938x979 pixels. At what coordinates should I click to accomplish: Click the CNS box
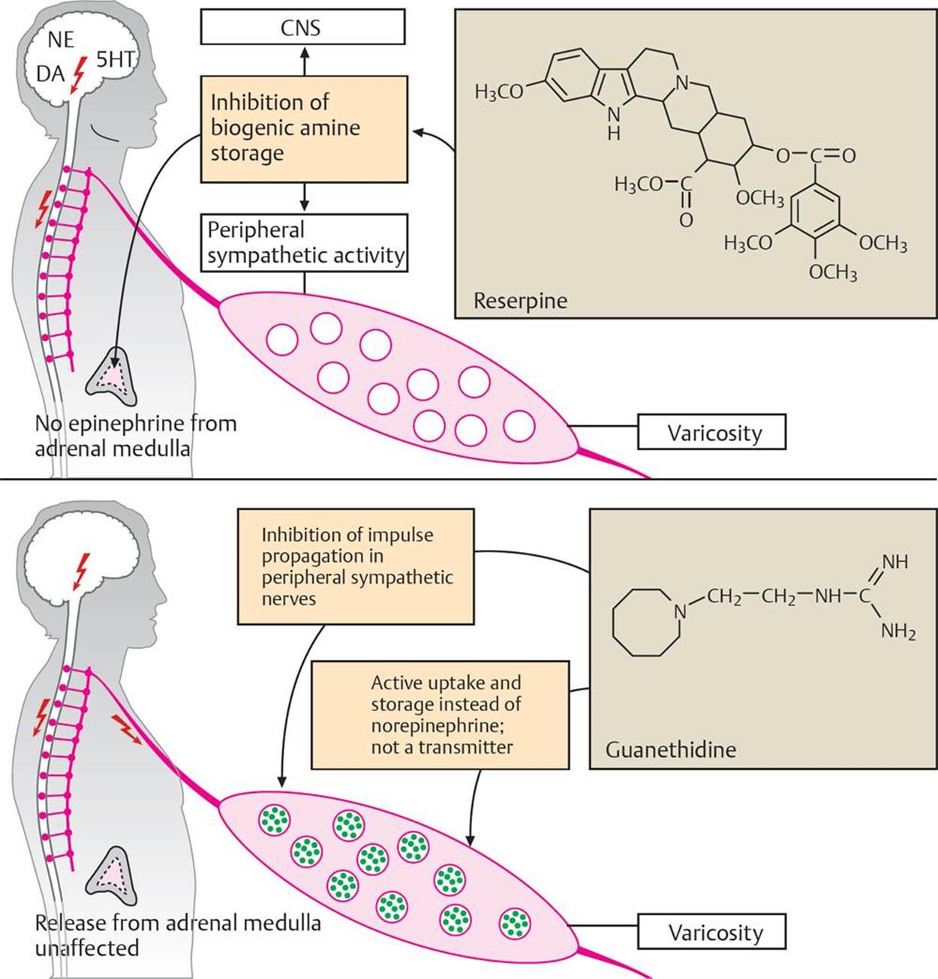tap(302, 28)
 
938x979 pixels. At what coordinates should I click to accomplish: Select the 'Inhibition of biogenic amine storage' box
tap(304, 128)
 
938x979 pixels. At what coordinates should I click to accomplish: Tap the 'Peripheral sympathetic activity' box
tap(305, 242)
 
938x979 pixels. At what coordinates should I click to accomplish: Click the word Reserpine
tap(520, 301)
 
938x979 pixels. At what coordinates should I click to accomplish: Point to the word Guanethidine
tap(670, 749)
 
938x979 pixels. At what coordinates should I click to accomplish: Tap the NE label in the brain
tap(61, 40)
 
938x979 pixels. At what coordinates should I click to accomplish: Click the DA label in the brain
tap(51, 74)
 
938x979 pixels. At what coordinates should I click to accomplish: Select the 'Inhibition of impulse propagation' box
tap(356, 566)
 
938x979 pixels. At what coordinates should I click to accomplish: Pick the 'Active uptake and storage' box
tap(440, 715)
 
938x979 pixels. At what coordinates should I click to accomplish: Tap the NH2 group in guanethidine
tap(898, 632)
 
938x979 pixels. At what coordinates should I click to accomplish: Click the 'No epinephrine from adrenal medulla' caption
tap(135, 436)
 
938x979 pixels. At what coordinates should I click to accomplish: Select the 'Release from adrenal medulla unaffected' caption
tap(177, 934)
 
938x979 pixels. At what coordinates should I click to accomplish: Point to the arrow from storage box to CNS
tap(304, 60)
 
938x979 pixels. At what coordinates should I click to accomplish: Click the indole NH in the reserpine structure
tap(614, 124)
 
